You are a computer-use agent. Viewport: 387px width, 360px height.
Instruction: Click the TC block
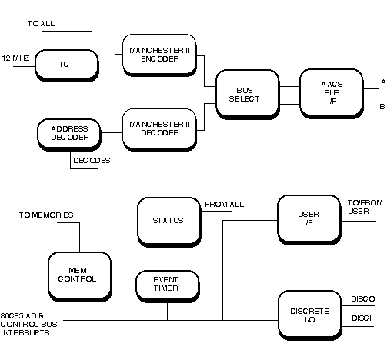click(67, 65)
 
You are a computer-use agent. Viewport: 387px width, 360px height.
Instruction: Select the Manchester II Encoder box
click(159, 55)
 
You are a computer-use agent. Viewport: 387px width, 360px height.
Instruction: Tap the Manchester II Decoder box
click(159, 129)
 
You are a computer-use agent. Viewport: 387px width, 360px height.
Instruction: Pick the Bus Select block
click(248, 95)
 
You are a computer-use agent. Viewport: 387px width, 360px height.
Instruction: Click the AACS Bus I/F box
click(332, 94)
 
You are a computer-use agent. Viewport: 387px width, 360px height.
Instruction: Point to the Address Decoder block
click(69, 135)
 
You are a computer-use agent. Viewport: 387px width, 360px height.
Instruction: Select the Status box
click(169, 222)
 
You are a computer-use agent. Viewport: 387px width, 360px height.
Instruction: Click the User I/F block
click(309, 220)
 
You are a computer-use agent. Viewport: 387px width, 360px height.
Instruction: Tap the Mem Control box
click(80, 277)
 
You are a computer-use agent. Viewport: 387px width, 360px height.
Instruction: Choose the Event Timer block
click(168, 286)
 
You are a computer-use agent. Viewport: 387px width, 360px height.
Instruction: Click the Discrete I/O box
click(310, 315)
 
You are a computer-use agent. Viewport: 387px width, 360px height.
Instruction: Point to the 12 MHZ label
click(15, 58)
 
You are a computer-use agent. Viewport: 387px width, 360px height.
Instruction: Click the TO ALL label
click(41, 24)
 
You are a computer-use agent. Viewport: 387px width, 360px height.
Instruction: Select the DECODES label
click(92, 161)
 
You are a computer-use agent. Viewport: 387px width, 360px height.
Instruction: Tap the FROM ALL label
click(225, 205)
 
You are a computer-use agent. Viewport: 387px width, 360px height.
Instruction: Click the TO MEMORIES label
click(46, 215)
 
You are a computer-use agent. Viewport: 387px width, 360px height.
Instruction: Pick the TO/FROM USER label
click(365, 207)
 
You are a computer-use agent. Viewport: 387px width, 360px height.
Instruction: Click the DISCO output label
click(363, 299)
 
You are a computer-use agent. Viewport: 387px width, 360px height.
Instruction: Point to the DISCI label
click(362, 318)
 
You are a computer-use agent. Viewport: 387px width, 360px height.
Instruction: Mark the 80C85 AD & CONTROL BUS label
click(28, 320)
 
